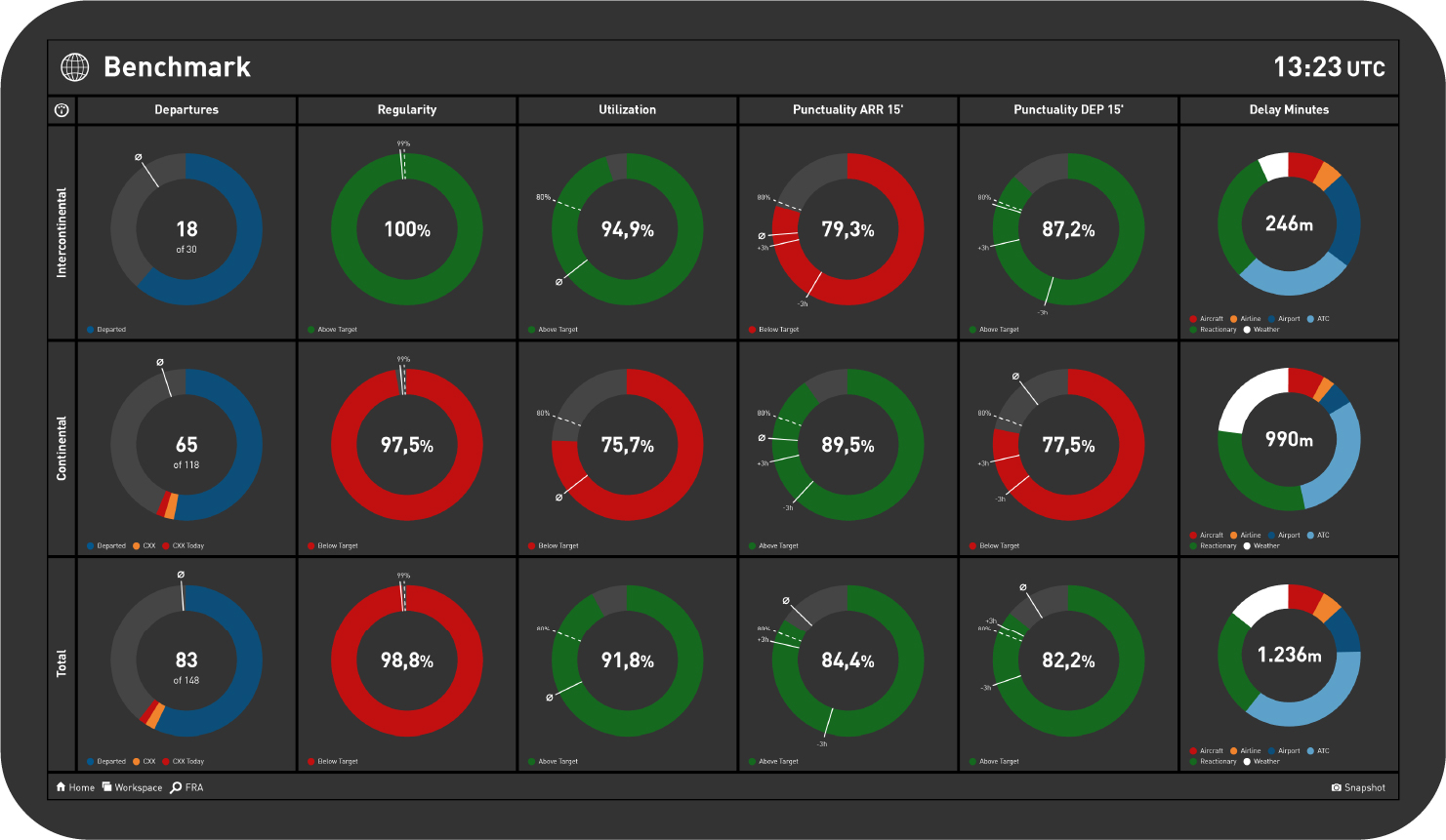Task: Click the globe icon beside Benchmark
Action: pyautogui.click(x=75, y=66)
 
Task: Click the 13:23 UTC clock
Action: pyautogui.click(x=1328, y=67)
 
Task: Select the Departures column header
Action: pyautogui.click(x=186, y=110)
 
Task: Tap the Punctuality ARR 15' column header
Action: pyautogui.click(x=847, y=110)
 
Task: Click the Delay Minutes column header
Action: pyautogui.click(x=1289, y=110)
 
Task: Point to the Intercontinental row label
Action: pyautogui.click(x=62, y=232)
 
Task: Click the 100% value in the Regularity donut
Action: pyautogui.click(x=407, y=230)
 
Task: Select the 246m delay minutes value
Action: pyautogui.click(x=1289, y=224)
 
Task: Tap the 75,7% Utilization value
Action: pyautogui.click(x=628, y=446)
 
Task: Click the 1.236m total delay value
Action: pyautogui.click(x=1289, y=656)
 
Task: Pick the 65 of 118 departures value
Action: pyautogui.click(x=186, y=451)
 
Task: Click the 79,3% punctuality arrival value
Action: pyautogui.click(x=847, y=230)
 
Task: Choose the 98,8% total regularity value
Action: pyautogui.click(x=407, y=661)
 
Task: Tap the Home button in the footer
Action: pyautogui.click(x=75, y=787)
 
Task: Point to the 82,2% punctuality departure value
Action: pyautogui.click(x=1068, y=661)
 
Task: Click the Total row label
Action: pyautogui.click(x=62, y=663)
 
